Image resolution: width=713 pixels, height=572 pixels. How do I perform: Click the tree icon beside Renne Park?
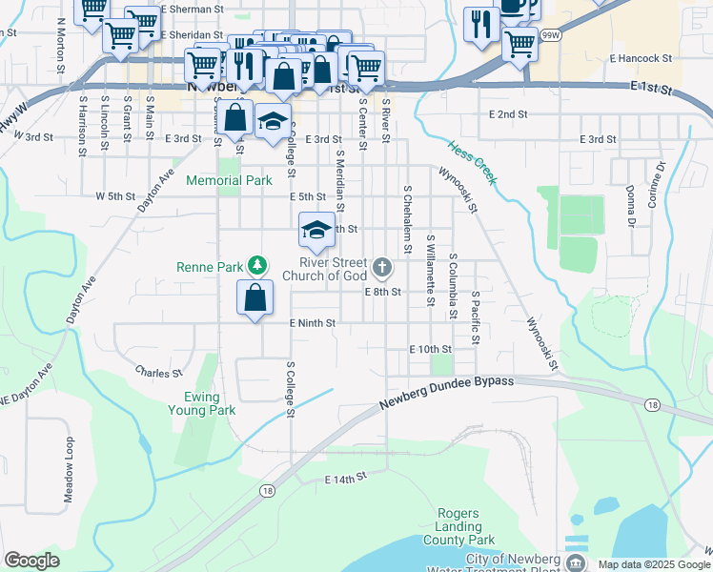(x=255, y=265)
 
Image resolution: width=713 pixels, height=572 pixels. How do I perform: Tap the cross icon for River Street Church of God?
(x=382, y=266)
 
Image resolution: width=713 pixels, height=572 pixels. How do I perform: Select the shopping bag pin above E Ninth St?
(x=255, y=297)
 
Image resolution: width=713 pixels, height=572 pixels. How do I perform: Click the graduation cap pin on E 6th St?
(x=317, y=230)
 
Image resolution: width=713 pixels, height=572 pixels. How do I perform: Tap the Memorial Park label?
(x=229, y=180)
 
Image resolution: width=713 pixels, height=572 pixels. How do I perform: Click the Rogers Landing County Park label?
(x=464, y=526)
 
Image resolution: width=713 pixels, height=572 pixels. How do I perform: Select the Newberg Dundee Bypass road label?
(x=446, y=392)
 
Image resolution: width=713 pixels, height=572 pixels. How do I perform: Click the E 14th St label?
(x=345, y=480)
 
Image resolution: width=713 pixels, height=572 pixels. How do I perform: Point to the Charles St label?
(x=158, y=373)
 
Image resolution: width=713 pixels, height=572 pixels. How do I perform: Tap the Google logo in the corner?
(x=31, y=560)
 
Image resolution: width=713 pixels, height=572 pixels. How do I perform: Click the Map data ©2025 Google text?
(x=654, y=564)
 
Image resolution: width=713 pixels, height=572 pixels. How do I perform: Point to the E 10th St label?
(x=429, y=350)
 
